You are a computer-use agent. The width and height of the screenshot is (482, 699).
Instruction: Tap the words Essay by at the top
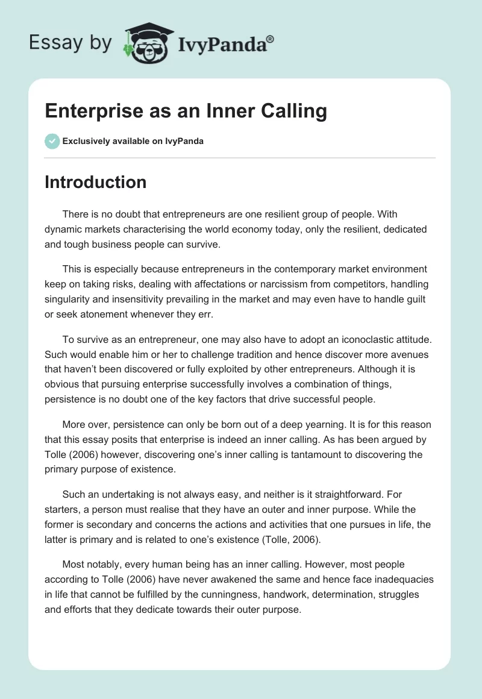click(x=70, y=42)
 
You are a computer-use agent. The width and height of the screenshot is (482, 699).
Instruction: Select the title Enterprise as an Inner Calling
click(x=186, y=111)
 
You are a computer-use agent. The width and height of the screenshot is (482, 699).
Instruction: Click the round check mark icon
click(x=52, y=141)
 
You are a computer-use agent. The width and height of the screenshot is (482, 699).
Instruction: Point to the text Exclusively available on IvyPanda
click(x=133, y=142)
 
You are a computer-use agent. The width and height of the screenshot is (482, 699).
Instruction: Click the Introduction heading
click(x=95, y=182)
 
